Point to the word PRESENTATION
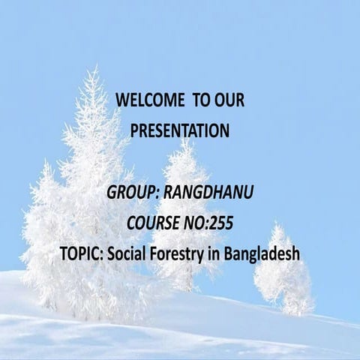[180, 130]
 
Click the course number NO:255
[212, 223]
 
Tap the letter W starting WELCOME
[123, 100]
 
